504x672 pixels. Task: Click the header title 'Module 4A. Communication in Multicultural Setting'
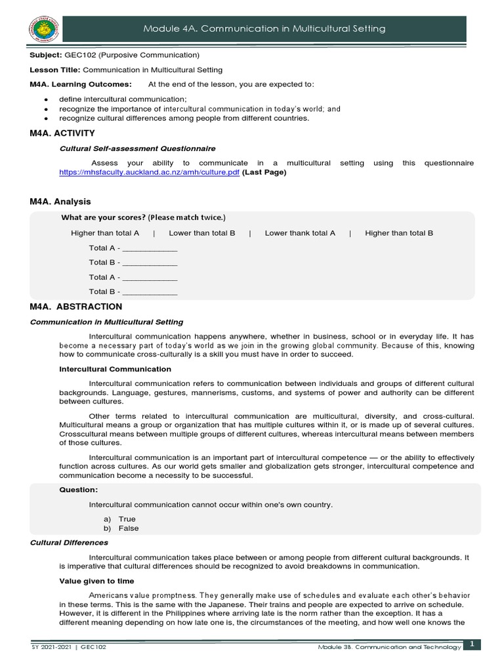[264, 29]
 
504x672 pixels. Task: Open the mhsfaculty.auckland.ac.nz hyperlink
[149, 173]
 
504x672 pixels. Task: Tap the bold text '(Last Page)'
[264, 173]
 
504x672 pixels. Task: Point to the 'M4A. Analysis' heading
[60, 201]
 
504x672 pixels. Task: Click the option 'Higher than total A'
[105, 233]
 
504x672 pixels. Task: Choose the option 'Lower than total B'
[201, 233]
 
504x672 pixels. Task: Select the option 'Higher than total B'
[399, 233]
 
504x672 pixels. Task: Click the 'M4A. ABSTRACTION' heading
[76, 306]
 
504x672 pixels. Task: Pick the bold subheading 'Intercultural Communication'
[115, 369]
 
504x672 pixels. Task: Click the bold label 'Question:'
[78, 490]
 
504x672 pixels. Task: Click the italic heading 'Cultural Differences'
[70, 543]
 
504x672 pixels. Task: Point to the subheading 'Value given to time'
[96, 581]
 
